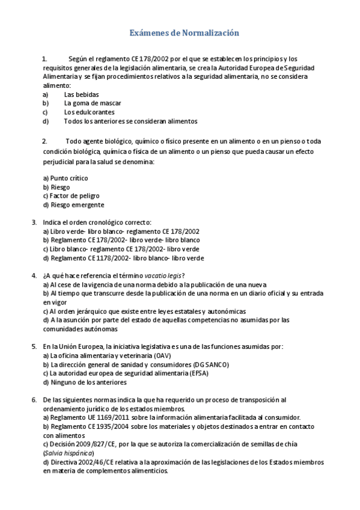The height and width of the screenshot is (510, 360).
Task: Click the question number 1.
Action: tap(44, 59)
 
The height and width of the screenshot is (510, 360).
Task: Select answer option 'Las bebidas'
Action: tap(81, 94)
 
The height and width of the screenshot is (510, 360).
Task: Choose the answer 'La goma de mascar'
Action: tap(93, 103)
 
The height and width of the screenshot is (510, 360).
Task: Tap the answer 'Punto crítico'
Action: tap(69, 178)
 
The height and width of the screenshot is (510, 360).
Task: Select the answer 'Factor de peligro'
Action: tap(75, 195)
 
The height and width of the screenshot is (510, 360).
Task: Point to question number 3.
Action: tap(34, 222)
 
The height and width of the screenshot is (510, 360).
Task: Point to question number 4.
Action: tap(34, 275)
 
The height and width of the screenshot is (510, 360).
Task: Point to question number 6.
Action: tap(34, 400)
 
